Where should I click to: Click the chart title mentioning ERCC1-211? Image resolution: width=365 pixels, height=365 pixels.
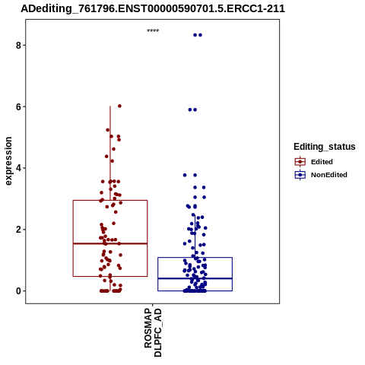pyautogui.click(x=153, y=9)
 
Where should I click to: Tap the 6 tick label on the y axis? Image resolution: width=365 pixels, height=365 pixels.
pyautogui.click(x=18, y=107)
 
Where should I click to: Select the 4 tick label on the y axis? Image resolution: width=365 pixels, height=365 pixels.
pyautogui.click(x=18, y=168)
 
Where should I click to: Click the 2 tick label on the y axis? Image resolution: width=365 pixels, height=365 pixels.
pyautogui.click(x=18, y=230)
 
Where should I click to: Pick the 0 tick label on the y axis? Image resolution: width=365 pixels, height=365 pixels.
pyautogui.click(x=18, y=291)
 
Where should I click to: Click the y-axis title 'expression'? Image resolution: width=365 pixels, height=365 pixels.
pyautogui.click(x=8, y=161)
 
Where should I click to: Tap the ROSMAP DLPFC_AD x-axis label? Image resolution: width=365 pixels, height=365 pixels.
pyautogui.click(x=153, y=332)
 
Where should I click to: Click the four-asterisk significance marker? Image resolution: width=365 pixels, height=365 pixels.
pyautogui.click(x=153, y=30)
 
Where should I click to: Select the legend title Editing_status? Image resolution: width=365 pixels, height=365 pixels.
pyautogui.click(x=325, y=147)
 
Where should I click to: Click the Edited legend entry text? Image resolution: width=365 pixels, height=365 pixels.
pyautogui.click(x=322, y=162)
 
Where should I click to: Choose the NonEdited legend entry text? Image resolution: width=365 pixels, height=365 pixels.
pyautogui.click(x=329, y=175)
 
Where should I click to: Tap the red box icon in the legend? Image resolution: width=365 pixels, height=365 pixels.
pyautogui.click(x=300, y=162)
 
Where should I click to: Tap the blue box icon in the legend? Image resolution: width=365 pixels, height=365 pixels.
pyautogui.click(x=300, y=175)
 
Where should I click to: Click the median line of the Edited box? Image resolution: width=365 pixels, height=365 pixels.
pyautogui.click(x=110, y=243)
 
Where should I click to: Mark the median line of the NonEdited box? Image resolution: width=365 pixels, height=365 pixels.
pyautogui.click(x=195, y=278)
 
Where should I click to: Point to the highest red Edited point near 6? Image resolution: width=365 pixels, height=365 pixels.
pyautogui.click(x=119, y=106)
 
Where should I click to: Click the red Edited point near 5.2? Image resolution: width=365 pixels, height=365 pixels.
pyautogui.click(x=107, y=130)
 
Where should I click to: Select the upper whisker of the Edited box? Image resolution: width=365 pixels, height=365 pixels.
pyautogui.click(x=110, y=153)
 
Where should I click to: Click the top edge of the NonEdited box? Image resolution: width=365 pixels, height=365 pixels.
pyautogui.click(x=195, y=258)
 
